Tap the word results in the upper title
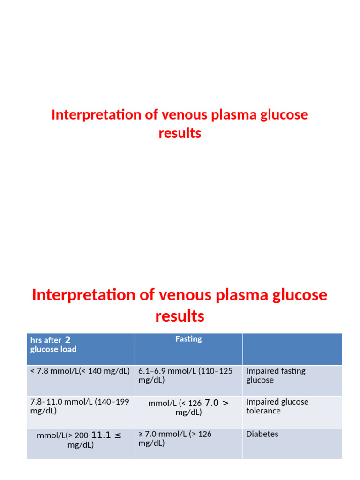coord(180,133)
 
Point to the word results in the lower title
coord(180,316)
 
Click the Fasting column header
coord(188,339)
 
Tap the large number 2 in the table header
coord(67,340)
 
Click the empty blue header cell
coord(292,349)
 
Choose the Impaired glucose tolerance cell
coord(277,406)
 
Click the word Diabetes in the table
coord(262,434)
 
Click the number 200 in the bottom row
coord(81,436)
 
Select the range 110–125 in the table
coord(217,371)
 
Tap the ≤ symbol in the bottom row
coord(118,435)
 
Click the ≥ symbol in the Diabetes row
coord(141,434)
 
